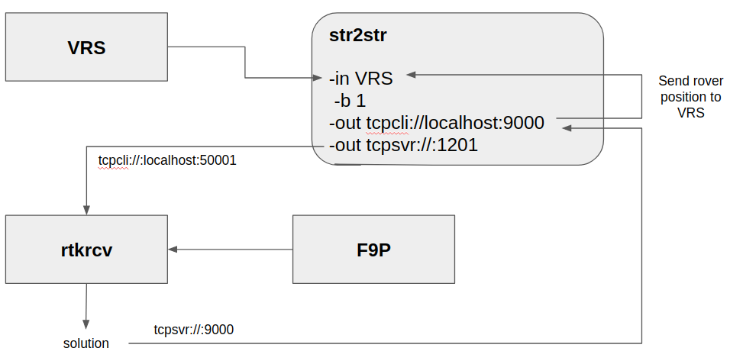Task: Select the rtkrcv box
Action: pos(86,250)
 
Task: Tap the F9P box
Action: pos(373,250)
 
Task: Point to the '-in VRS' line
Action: pos(361,78)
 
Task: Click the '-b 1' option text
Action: pos(350,101)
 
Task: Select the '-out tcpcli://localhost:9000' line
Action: pos(436,122)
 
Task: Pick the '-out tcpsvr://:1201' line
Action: pos(403,144)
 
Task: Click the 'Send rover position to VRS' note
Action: pos(690,96)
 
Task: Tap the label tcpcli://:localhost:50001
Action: pos(167,161)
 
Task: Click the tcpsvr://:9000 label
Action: pos(194,330)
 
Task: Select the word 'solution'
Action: pos(86,343)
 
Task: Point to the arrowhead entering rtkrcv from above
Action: pos(86,210)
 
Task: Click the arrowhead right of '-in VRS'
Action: pos(411,75)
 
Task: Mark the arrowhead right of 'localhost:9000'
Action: pos(567,128)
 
